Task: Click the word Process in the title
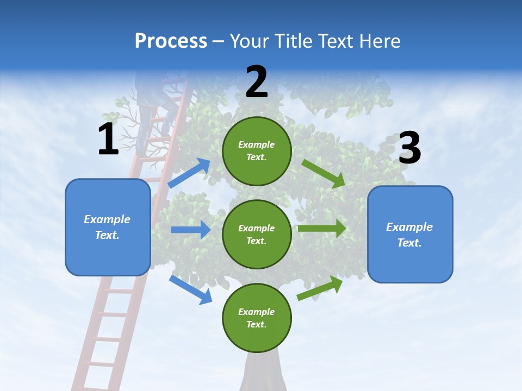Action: tap(171, 41)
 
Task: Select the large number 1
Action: tap(108, 139)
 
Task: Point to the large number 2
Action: tap(257, 82)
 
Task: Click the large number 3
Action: tap(409, 149)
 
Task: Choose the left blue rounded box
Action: tap(108, 227)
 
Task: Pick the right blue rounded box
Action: tap(410, 234)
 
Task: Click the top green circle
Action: tap(257, 151)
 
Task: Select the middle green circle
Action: tap(257, 234)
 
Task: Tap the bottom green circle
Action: tap(257, 318)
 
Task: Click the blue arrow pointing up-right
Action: tap(189, 173)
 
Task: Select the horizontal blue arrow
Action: tap(190, 230)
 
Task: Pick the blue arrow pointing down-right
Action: tap(190, 289)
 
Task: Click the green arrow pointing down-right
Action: tap(324, 173)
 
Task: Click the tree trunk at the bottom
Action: tap(263, 372)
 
